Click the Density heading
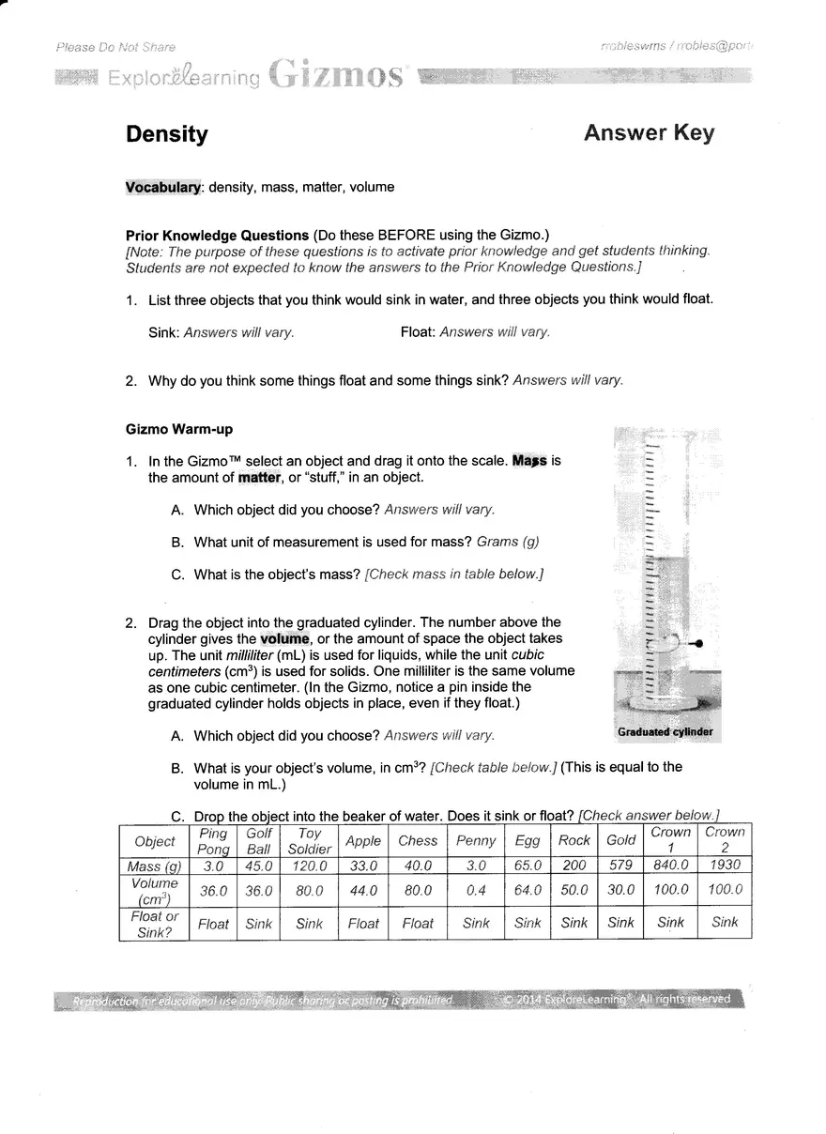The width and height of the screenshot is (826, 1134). [167, 134]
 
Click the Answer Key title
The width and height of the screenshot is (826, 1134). [649, 133]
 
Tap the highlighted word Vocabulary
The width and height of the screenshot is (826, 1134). [163, 187]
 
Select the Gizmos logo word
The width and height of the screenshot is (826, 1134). [340, 74]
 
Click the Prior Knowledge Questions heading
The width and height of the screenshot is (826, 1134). [217, 235]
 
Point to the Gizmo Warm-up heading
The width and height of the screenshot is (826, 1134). [178, 429]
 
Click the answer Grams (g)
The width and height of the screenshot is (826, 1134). [508, 542]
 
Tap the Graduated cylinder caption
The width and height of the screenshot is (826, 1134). [665, 731]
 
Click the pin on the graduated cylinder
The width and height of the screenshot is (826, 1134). [696, 643]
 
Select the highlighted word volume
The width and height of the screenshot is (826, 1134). [284, 639]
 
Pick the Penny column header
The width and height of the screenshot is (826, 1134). [476, 841]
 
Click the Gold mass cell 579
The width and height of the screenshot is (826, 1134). [620, 866]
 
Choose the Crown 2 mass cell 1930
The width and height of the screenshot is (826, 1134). [725, 866]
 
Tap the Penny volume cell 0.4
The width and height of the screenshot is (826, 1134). [476, 890]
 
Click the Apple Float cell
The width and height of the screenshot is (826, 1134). [363, 924]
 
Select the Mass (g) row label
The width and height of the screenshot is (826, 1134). [154, 866]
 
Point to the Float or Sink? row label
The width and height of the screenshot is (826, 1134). [154, 924]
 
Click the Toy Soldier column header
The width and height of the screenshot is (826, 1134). [310, 841]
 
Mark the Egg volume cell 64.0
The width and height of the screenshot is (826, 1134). [528, 890]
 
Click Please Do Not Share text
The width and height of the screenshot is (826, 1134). [115, 47]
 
